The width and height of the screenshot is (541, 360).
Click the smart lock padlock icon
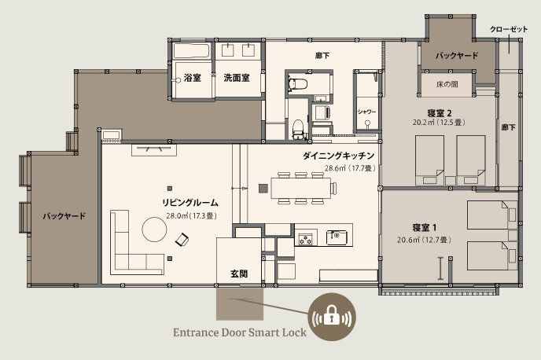332,317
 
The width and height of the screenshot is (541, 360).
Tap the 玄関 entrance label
239,274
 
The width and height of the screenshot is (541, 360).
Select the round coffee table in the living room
154,230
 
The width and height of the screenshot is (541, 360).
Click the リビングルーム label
190,203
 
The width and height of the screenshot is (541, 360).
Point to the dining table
301,188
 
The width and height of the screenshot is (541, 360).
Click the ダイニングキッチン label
338,156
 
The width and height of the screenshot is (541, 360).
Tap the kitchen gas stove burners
306,239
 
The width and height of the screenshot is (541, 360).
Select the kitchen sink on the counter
337,237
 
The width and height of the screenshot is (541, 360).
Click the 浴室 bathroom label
192,78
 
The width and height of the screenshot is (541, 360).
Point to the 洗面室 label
237,78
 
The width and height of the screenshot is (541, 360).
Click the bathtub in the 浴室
192,51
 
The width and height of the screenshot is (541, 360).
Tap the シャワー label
366,112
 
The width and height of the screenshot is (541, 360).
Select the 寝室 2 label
440,113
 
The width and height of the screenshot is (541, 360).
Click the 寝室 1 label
425,228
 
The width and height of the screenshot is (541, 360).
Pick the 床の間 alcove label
447,84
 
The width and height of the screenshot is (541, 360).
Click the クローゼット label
509,29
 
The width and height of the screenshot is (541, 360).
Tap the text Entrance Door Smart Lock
240,332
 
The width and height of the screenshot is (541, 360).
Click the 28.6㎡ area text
335,168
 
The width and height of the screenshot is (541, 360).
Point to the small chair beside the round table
182,239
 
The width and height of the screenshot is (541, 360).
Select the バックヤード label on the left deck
64,216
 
